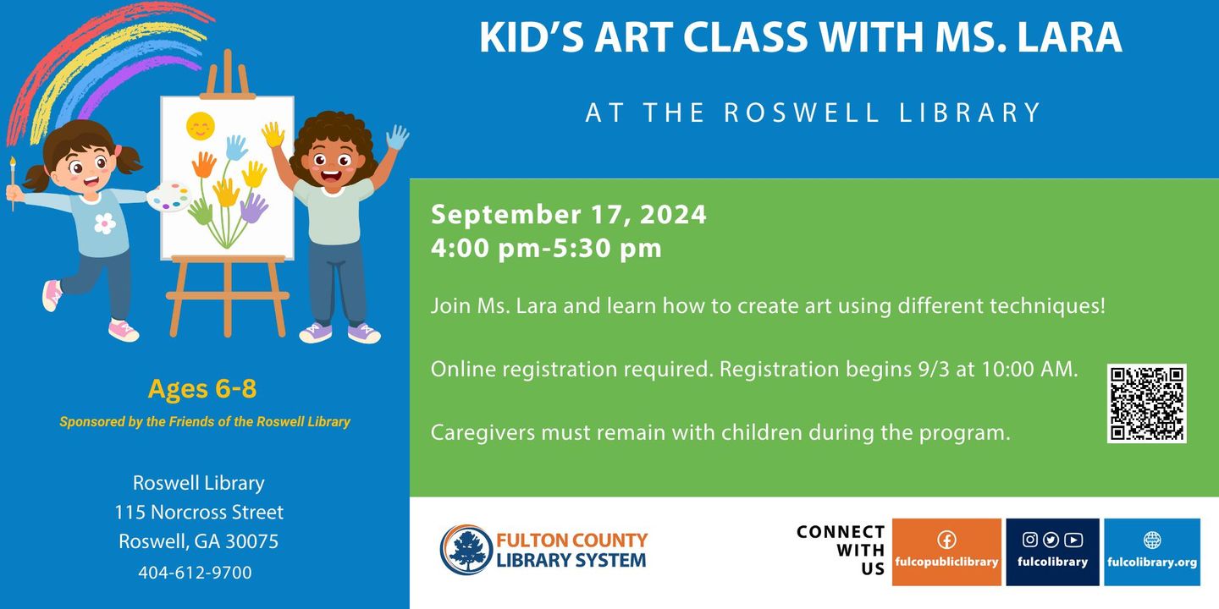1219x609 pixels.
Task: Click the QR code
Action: [1146, 403]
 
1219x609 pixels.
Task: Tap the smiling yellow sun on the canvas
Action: [201, 126]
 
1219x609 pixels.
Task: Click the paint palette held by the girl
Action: [169, 196]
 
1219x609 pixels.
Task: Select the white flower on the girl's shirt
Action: [105, 223]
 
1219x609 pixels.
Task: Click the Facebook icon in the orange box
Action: [947, 540]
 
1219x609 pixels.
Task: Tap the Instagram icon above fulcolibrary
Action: [1029, 540]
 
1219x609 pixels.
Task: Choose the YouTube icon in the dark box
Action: [1073, 540]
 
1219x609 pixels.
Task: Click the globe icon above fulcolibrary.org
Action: [1152, 540]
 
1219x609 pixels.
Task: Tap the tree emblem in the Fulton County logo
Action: [466, 550]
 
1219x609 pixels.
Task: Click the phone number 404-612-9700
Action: [195, 573]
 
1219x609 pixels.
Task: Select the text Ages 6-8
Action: [201, 389]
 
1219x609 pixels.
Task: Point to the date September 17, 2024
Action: [569, 214]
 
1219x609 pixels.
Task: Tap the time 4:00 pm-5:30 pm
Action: [546, 248]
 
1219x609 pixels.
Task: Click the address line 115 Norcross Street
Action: [199, 513]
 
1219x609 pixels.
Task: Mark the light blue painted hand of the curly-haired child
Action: [398, 138]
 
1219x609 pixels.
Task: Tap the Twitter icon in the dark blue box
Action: [1051, 540]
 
